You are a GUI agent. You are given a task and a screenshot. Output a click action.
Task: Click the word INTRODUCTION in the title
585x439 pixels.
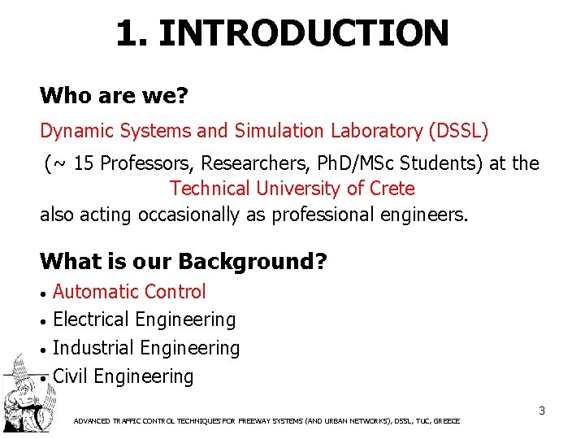(x=303, y=33)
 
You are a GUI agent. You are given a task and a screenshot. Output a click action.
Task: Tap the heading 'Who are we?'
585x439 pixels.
(x=114, y=96)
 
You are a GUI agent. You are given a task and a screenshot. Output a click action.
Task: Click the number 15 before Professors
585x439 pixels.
(x=84, y=163)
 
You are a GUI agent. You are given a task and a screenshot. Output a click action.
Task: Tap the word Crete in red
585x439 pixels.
(x=390, y=189)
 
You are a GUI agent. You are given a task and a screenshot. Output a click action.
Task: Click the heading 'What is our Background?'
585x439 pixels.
(x=183, y=262)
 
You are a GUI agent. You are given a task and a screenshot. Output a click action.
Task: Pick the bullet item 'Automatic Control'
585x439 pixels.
(x=129, y=291)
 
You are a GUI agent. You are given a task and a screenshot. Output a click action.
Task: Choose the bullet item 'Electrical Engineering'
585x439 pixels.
(x=144, y=319)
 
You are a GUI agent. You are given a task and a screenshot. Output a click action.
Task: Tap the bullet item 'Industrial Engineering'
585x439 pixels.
(x=146, y=348)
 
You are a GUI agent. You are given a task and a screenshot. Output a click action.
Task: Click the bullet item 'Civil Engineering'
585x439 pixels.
(x=123, y=376)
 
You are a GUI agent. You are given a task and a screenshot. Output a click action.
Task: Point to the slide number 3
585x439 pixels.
(x=541, y=411)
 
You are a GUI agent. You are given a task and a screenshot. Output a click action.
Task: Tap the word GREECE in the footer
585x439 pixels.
(x=447, y=421)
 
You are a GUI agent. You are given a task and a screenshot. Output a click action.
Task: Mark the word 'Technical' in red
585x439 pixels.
(x=210, y=189)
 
